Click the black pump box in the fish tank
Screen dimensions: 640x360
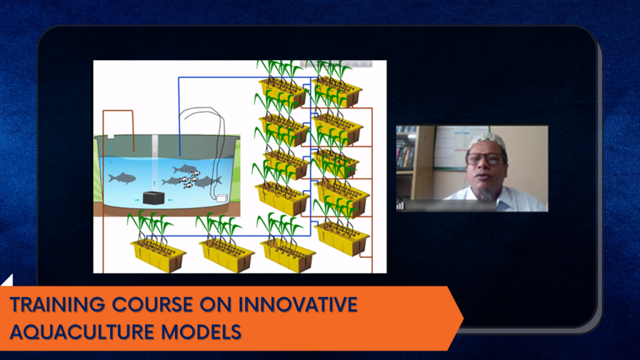pyautogui.click(x=154, y=198)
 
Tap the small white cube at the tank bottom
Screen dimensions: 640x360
pyautogui.click(x=222, y=198)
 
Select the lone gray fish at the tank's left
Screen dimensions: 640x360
pyautogui.click(x=122, y=178)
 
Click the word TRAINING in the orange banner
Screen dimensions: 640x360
pyautogui.click(x=57, y=305)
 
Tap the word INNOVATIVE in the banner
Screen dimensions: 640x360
pyautogui.click(x=298, y=305)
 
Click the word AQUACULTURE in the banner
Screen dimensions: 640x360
pyautogui.click(x=82, y=331)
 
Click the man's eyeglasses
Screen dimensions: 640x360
pyautogui.click(x=485, y=159)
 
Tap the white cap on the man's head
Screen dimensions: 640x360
pyautogui.click(x=487, y=141)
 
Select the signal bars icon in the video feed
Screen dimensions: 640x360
pyautogui.click(x=400, y=205)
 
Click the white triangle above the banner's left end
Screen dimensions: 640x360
pyautogui.click(x=7, y=281)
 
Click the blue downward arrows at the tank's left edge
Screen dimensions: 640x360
pyautogui.click(x=110, y=154)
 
